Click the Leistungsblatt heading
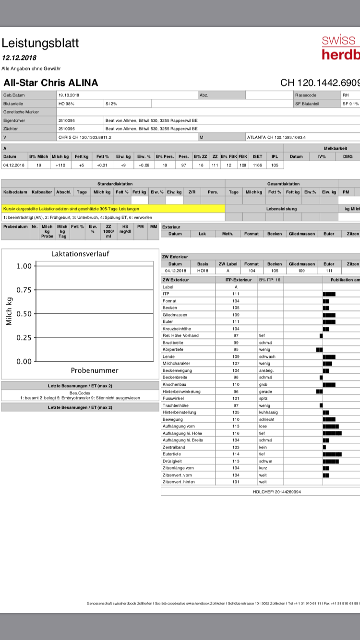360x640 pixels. (x=40, y=43)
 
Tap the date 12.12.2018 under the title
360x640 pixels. (x=19, y=57)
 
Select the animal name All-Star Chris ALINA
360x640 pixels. (x=50, y=83)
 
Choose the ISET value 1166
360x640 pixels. (x=258, y=165)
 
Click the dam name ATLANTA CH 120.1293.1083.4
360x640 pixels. (x=276, y=137)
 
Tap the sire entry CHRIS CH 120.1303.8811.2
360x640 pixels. (x=84, y=137)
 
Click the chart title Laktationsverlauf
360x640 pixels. (x=80, y=254)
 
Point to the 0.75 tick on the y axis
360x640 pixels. (x=24, y=290)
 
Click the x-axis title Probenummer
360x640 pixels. (x=94, y=370)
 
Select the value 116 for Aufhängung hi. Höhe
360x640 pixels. (x=236, y=433)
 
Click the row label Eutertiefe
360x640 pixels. (x=171, y=454)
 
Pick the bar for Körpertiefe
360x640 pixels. (x=319, y=350)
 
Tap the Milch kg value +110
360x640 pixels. (x=60, y=165)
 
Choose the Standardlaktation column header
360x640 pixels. (x=115, y=183)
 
